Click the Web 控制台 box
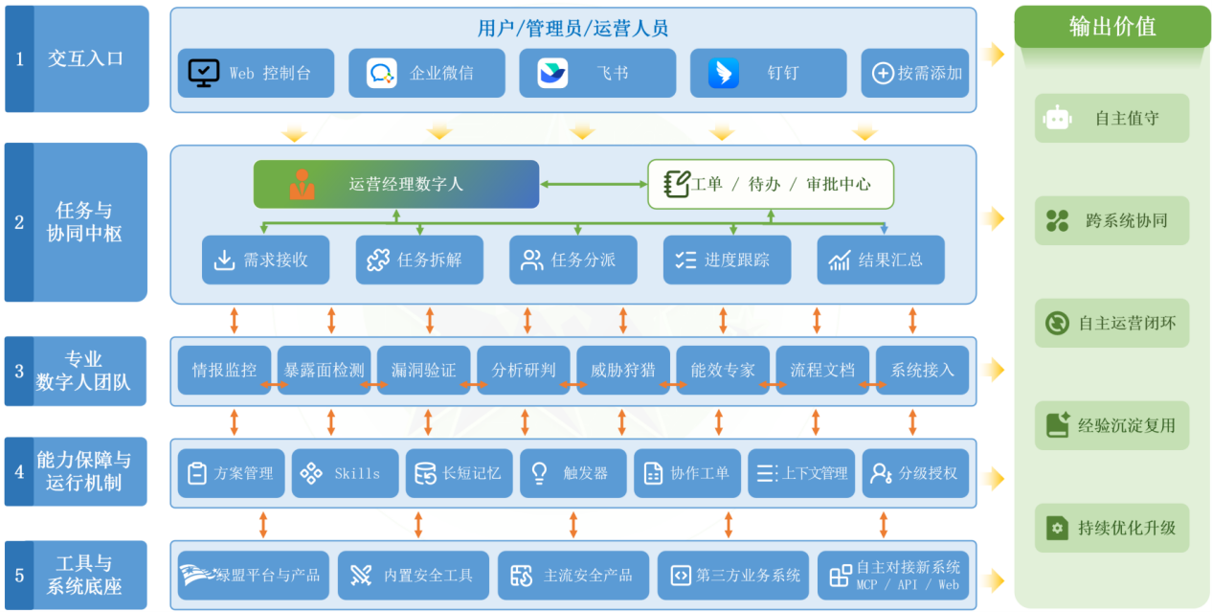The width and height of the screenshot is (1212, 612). coord(256,73)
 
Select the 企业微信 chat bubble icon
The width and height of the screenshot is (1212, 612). coord(381,73)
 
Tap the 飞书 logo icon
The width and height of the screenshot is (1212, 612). coord(552,73)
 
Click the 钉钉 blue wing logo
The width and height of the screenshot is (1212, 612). coord(724,73)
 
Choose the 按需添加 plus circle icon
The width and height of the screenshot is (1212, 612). coord(883,73)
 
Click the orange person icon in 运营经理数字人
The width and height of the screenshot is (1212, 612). coord(302,184)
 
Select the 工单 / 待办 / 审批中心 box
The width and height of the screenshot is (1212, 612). coord(771,184)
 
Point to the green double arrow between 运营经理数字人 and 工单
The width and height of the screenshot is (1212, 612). coord(594,184)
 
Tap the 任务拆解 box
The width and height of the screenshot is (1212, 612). coord(419,260)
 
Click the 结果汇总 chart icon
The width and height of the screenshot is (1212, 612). coord(840,261)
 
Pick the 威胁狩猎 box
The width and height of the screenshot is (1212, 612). coord(623,370)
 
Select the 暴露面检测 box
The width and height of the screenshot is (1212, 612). coord(324,370)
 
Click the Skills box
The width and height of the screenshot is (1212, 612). coord(346,473)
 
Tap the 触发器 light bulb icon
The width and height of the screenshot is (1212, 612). coord(539,473)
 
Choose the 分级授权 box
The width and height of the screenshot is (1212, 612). coord(915,473)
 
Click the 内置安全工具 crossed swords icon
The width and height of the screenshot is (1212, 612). coord(360,576)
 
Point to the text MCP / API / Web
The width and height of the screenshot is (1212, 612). coord(908,584)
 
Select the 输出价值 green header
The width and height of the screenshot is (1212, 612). coord(1111,27)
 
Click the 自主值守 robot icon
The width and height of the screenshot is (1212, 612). coord(1057,118)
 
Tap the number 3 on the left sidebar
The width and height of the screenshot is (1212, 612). coord(19,372)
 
